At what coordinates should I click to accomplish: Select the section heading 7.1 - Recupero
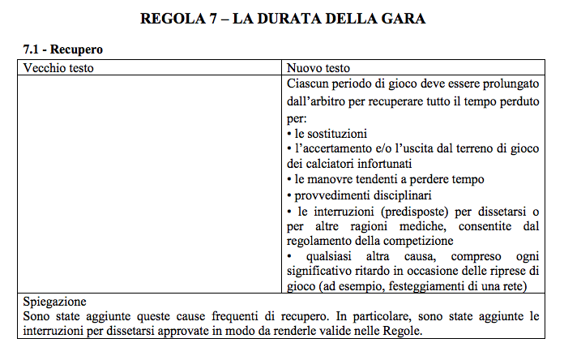62,50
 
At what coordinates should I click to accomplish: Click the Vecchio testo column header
58,67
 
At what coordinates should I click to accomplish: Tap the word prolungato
512,84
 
